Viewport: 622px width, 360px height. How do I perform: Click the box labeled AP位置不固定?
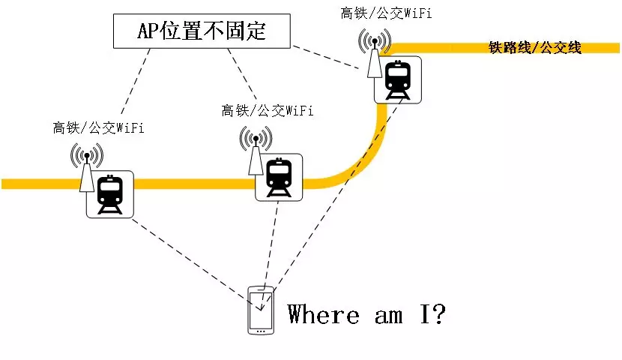[x=202, y=31]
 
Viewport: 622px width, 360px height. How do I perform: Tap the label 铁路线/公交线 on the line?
[x=535, y=48]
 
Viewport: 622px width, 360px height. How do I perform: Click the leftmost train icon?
[x=109, y=194]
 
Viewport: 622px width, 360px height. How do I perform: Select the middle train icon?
[x=280, y=178]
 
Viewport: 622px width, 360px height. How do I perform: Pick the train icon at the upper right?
[x=396, y=79]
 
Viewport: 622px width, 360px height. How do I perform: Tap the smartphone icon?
[x=260, y=310]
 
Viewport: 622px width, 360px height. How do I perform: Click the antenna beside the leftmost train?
[x=86, y=169]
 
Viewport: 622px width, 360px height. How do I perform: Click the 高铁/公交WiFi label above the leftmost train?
[x=98, y=128]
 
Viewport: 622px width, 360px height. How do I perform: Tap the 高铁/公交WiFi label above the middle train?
[x=268, y=111]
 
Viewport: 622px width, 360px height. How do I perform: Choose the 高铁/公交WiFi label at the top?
[x=386, y=13]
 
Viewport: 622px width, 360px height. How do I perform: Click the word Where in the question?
[x=324, y=313]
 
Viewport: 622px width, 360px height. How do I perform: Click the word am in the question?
[x=388, y=315]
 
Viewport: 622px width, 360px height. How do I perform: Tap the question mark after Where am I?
[x=438, y=313]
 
